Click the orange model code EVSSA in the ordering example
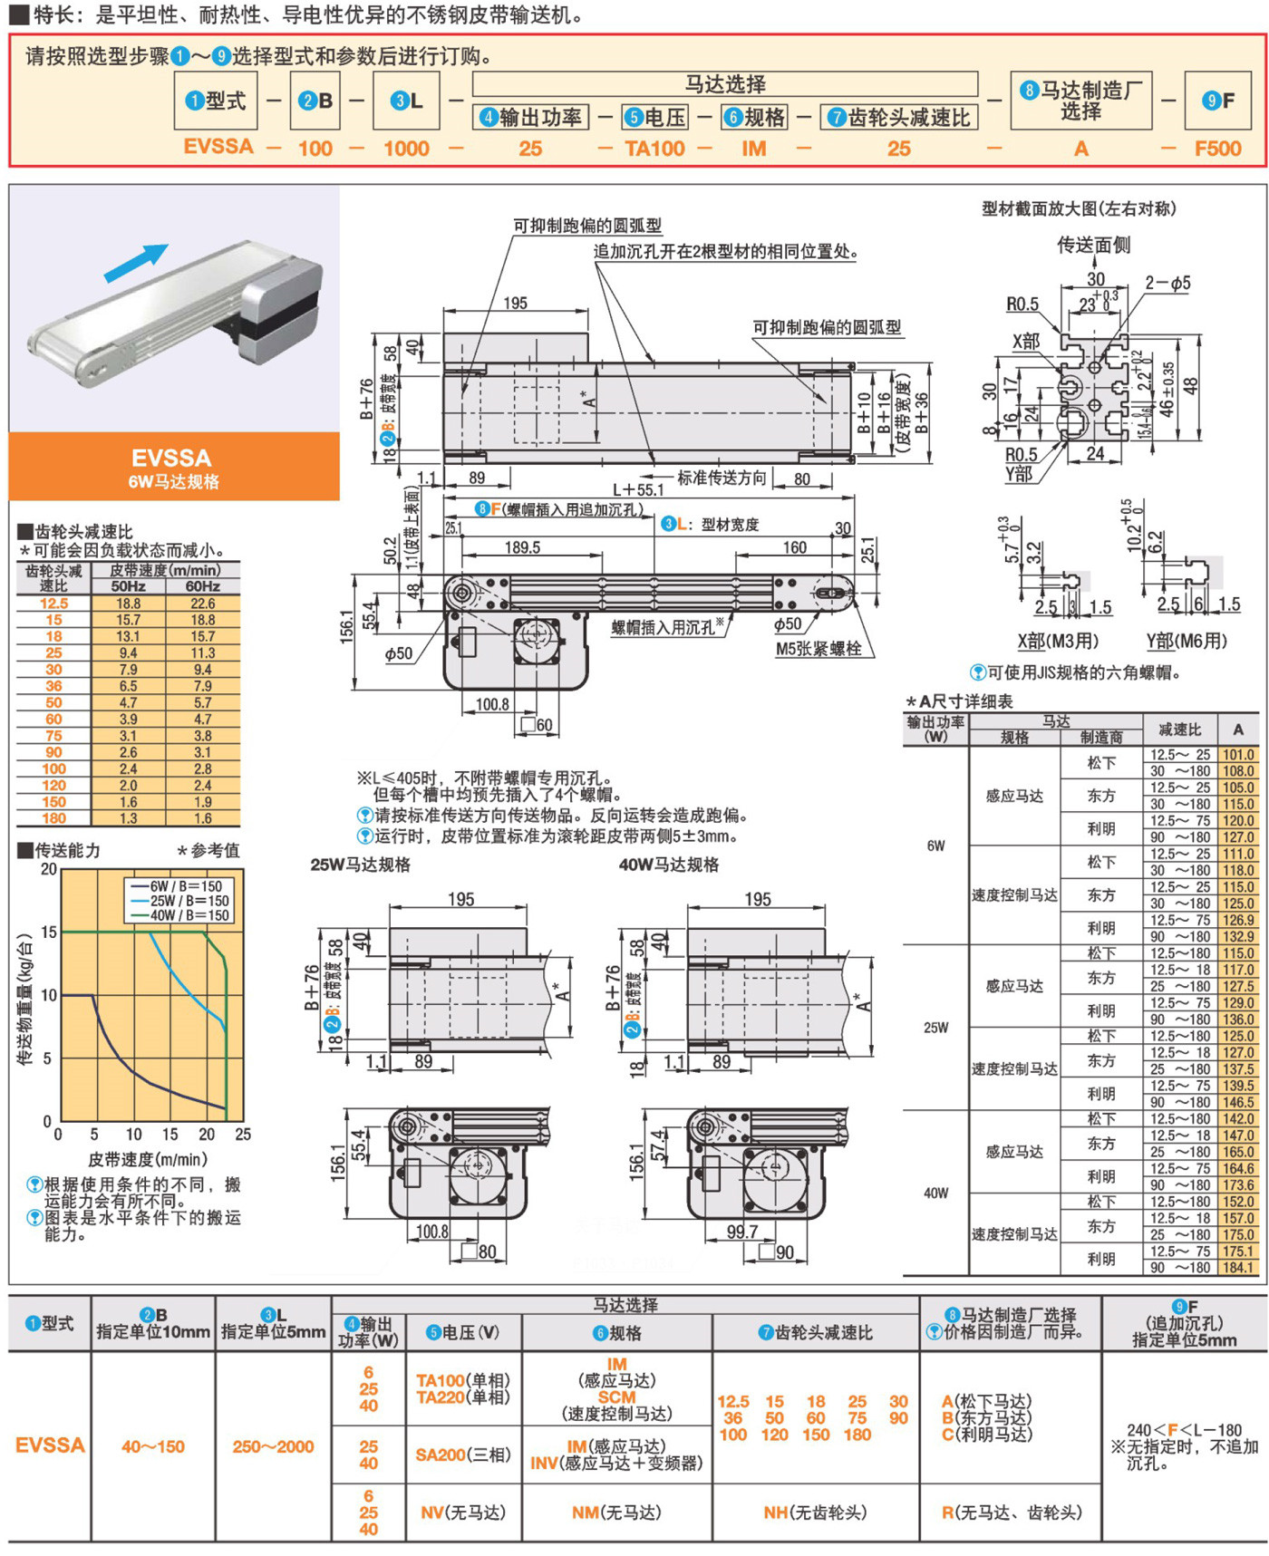pos(218,147)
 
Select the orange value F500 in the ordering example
pos(1217,149)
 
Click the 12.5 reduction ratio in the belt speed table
pos(53,604)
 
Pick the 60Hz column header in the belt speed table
pos(202,586)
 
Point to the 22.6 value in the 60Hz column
pos(202,604)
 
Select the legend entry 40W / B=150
pos(179,915)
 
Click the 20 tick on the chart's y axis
pos(49,869)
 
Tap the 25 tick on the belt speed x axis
pos(243,1134)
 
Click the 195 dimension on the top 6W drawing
pos(515,303)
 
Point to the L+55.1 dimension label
pos(638,489)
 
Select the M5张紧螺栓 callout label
pos(818,649)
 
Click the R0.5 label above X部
pos(1022,304)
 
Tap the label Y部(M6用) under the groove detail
pos(1187,642)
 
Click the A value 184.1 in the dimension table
pos(1238,1268)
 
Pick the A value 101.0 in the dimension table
pos(1238,755)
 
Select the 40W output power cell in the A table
pos(936,1193)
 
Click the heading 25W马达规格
pos(361,865)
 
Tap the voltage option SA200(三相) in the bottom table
pos(463,1455)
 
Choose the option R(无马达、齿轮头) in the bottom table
pos(1012,1513)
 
